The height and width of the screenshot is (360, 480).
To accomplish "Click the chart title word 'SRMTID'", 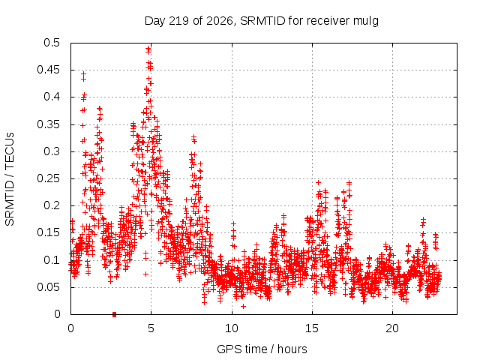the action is pyautogui.click(x=262, y=21).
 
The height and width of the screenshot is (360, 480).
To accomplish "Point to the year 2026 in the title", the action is pyautogui.click(x=220, y=21).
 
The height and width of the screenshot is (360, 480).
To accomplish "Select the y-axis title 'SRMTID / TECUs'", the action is pyautogui.click(x=10, y=179).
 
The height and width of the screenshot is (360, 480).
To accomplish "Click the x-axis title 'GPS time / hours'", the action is pyautogui.click(x=262, y=349).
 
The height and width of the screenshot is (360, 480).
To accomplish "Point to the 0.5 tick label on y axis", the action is pyautogui.click(x=52, y=43).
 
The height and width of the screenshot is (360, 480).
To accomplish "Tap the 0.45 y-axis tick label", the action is pyautogui.click(x=48, y=70).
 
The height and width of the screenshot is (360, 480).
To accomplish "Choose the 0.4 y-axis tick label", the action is pyautogui.click(x=52, y=97).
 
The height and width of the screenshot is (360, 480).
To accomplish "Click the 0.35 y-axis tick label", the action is pyautogui.click(x=48, y=124).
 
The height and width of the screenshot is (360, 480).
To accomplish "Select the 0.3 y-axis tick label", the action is pyautogui.click(x=52, y=151).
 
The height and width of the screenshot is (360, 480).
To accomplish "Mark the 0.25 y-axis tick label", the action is pyautogui.click(x=48, y=178).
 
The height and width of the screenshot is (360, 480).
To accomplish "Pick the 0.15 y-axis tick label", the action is pyautogui.click(x=48, y=232).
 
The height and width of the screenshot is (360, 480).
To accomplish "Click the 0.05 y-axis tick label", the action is pyautogui.click(x=48, y=287).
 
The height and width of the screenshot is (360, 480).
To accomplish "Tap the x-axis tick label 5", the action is pyautogui.click(x=151, y=328).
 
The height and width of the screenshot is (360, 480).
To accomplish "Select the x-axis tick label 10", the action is pyautogui.click(x=232, y=328).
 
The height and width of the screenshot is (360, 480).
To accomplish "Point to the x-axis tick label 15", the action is pyautogui.click(x=312, y=328).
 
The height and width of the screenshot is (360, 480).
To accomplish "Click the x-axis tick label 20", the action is pyautogui.click(x=392, y=328).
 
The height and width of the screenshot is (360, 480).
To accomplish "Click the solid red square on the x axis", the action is pyautogui.click(x=115, y=314).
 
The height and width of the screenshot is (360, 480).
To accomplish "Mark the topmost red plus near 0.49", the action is pyautogui.click(x=148, y=48).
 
